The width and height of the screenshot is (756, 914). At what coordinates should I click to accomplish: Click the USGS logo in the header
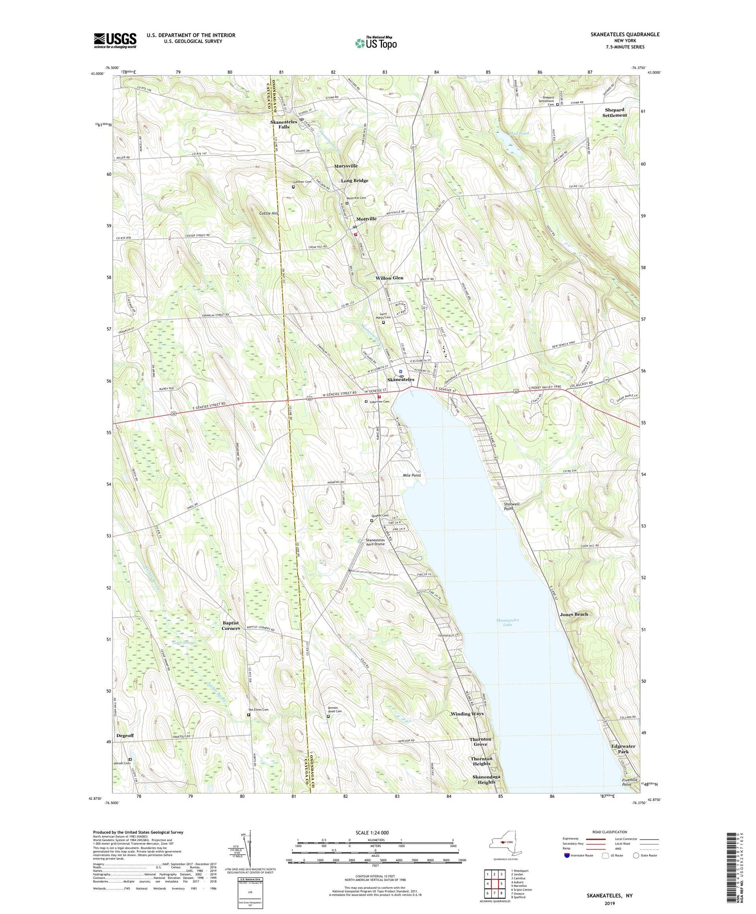(115, 40)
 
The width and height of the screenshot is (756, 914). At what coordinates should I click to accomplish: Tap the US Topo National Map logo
(375, 43)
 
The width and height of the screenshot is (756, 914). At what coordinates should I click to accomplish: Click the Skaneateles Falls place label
(284, 124)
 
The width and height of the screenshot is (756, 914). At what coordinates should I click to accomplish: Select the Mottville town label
(366, 219)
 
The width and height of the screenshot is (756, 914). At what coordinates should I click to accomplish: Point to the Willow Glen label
(389, 278)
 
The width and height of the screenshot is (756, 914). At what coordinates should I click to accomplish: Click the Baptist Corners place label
(231, 626)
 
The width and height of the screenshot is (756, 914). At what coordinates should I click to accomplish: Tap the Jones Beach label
(574, 614)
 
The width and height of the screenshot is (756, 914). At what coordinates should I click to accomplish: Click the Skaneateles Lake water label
(507, 622)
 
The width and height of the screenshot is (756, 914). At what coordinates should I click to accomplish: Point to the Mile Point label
(412, 475)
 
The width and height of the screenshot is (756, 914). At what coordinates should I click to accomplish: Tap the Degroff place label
(125, 735)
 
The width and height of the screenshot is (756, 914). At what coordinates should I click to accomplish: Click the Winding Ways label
(467, 714)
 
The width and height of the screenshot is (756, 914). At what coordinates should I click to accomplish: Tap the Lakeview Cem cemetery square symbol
(366, 402)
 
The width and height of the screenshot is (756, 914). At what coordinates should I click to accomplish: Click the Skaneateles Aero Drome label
(375, 542)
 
